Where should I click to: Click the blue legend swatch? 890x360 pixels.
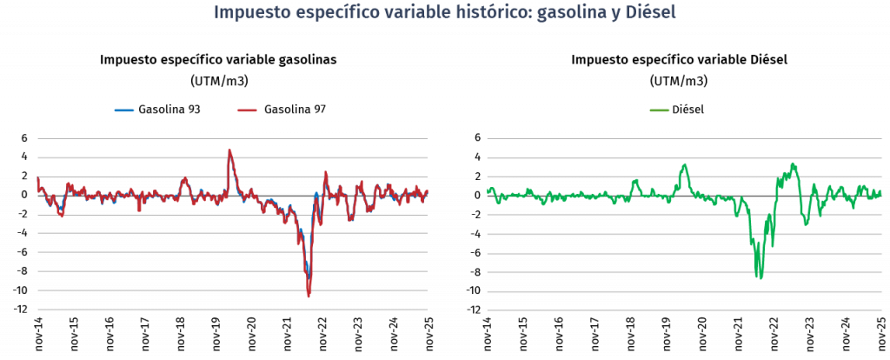[x=124, y=110]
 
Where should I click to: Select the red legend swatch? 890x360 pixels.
[x=247, y=110]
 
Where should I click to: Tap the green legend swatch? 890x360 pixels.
[x=660, y=110]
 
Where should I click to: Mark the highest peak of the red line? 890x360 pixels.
[x=229, y=150]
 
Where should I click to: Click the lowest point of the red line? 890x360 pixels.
[x=309, y=296]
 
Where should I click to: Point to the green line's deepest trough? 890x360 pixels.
[x=760, y=278]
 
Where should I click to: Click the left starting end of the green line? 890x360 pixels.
[x=488, y=190]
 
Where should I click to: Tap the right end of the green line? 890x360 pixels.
[x=880, y=191]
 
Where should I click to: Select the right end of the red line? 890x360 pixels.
[x=427, y=191]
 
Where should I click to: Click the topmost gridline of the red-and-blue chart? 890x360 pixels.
[x=233, y=138]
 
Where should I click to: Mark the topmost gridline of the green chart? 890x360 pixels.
[x=684, y=139]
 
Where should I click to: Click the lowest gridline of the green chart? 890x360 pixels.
[x=684, y=310]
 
